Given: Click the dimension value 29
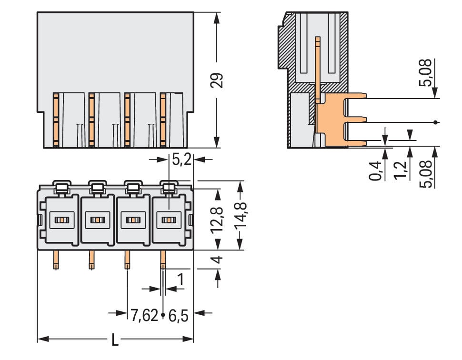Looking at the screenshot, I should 217,80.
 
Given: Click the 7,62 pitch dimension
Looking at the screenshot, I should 144,314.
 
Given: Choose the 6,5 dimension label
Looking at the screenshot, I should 178,314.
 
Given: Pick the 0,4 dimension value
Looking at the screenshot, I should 376,170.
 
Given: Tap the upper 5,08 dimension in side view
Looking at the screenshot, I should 427,71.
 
